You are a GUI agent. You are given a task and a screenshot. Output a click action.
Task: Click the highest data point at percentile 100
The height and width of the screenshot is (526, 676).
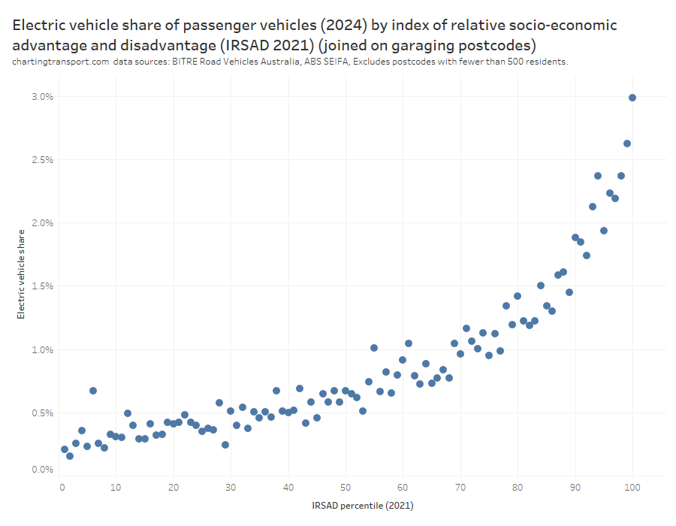click(x=632, y=98)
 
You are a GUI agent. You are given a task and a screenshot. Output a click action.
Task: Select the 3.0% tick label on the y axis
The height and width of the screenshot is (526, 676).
click(x=42, y=97)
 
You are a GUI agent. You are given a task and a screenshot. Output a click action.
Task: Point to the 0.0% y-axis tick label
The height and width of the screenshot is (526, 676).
click(x=42, y=470)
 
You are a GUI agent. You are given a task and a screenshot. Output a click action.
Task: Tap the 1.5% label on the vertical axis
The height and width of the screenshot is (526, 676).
click(x=42, y=286)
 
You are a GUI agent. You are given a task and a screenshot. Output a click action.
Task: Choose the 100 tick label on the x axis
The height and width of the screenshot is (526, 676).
click(x=632, y=487)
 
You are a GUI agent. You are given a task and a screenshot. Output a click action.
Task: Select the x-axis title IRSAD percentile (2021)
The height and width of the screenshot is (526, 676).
click(x=362, y=506)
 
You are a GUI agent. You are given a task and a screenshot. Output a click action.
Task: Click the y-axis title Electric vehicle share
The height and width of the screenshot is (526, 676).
click(x=21, y=274)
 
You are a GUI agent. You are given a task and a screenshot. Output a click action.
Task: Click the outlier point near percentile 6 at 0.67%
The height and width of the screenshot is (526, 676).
click(x=93, y=391)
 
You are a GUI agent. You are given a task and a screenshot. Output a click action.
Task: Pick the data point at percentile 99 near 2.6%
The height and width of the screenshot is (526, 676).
click(x=627, y=144)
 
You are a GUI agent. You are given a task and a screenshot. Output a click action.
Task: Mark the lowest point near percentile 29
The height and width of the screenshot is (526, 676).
click(x=225, y=445)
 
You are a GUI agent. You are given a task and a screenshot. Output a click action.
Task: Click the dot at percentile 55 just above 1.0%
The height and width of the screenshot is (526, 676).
click(x=374, y=348)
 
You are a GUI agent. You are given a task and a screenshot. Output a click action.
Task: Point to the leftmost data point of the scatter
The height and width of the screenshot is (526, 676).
click(x=65, y=449)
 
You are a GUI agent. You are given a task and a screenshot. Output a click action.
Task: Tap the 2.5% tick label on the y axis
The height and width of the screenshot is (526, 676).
click(x=42, y=160)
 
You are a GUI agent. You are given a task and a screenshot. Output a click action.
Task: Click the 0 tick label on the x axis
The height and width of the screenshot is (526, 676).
click(x=62, y=487)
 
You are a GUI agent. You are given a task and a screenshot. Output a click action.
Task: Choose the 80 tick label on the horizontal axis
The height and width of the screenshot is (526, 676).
click(x=518, y=487)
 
